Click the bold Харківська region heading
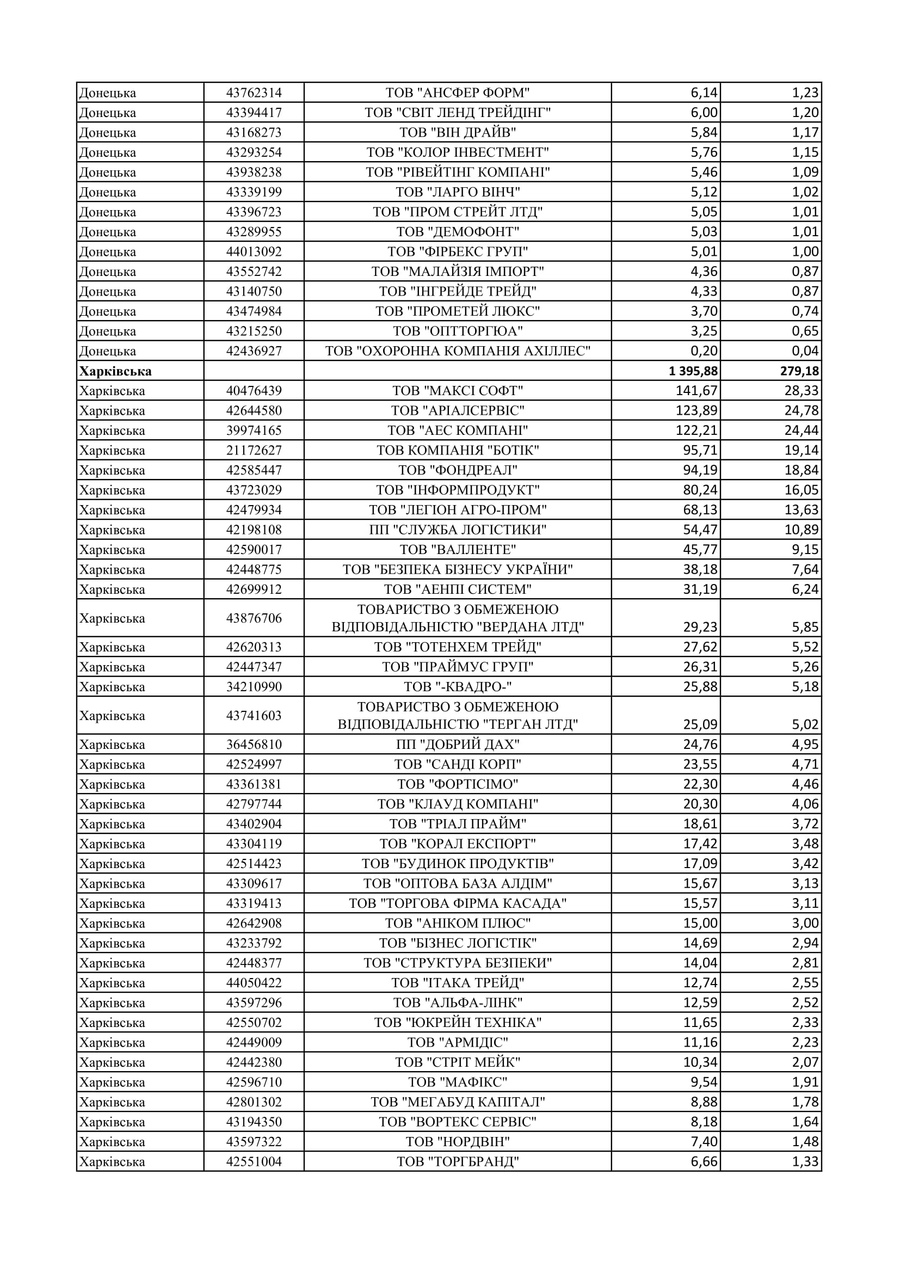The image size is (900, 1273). pyautogui.click(x=115, y=371)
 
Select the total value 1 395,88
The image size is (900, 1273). pyautogui.click(x=693, y=371)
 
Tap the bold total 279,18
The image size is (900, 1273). pyautogui.click(x=799, y=371)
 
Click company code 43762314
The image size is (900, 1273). pyautogui.click(x=254, y=93)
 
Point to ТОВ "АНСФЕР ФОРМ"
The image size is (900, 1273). pyautogui.click(x=458, y=93)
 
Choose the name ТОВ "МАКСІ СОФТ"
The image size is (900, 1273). pyautogui.click(x=458, y=391)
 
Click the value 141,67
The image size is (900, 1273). pyautogui.click(x=696, y=391)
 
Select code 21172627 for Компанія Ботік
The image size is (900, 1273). pyautogui.click(x=254, y=450)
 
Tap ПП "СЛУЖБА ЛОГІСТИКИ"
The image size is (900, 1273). pyautogui.click(x=458, y=530)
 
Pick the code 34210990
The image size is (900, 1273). pyautogui.click(x=254, y=687)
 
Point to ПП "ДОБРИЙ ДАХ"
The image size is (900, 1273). pyautogui.click(x=458, y=745)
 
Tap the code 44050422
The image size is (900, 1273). pyautogui.click(x=254, y=983)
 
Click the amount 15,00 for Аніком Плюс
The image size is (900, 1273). pyautogui.click(x=700, y=923)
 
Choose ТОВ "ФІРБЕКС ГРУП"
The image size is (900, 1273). pyautogui.click(x=458, y=252)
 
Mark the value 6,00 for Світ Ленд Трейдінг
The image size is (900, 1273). pyautogui.click(x=704, y=113)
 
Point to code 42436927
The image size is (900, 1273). pyautogui.click(x=254, y=351)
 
